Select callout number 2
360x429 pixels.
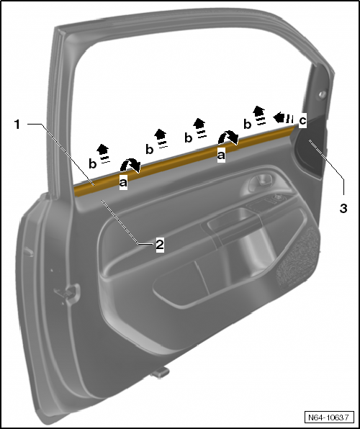[160, 244]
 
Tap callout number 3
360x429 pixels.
[343, 208]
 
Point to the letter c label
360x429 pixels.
[302, 120]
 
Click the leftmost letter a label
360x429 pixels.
[122, 184]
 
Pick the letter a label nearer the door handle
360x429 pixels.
[221, 153]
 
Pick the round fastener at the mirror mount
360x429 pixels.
[321, 94]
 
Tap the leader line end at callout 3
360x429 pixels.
[312, 143]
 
